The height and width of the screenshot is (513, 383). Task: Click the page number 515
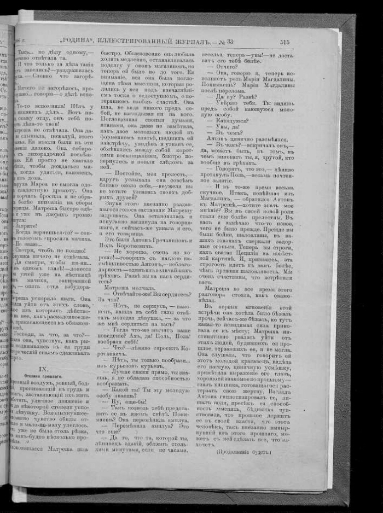284,42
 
